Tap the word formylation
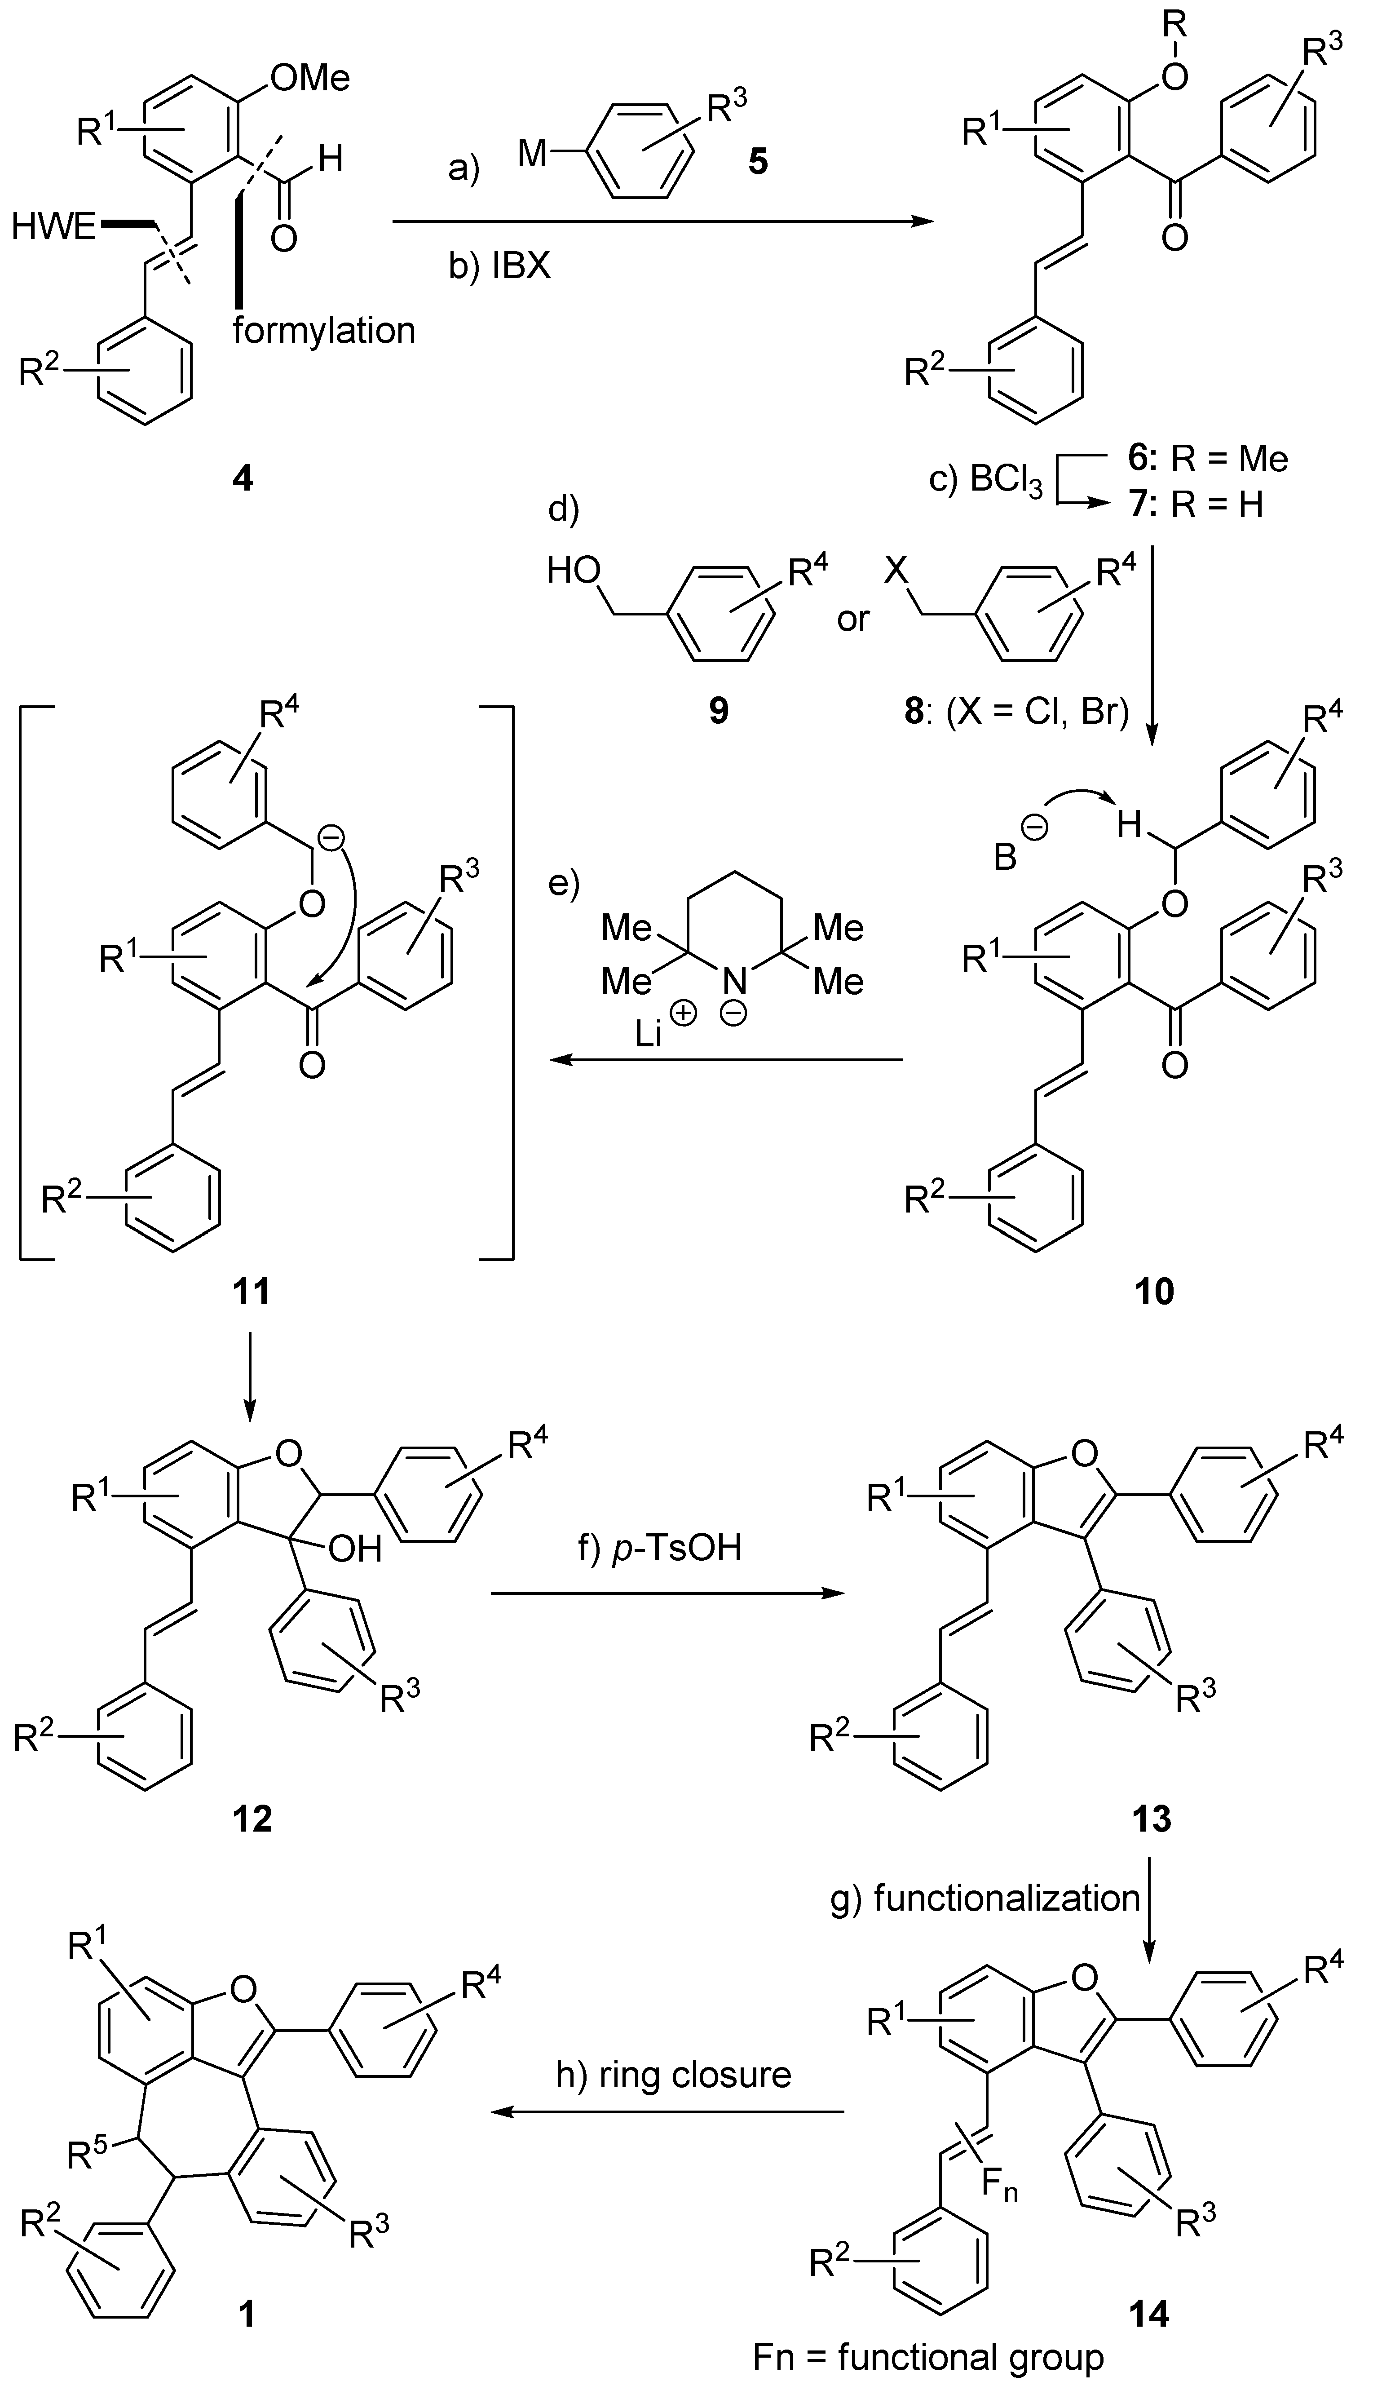coord(323,330)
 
